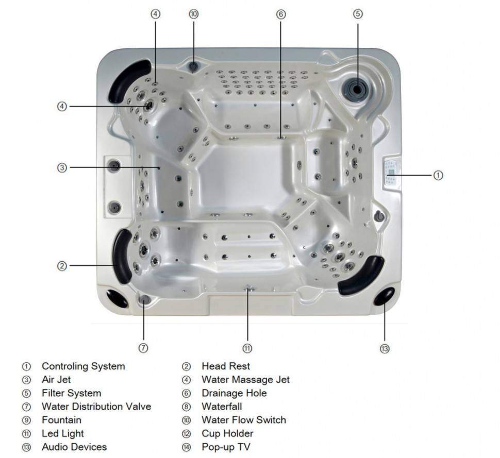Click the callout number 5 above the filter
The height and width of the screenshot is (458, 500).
coord(358,14)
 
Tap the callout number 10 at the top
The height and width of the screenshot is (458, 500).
coord(193,14)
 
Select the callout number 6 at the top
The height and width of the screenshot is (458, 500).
coord(281,14)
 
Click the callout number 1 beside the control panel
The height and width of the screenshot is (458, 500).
coord(437,175)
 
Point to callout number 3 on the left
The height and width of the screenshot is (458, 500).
coord(62,167)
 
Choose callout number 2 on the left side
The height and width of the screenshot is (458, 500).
coord(62,266)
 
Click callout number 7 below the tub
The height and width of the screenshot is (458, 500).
coord(144,348)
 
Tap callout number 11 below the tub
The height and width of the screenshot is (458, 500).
coord(247,349)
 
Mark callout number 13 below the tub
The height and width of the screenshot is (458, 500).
coord(385,349)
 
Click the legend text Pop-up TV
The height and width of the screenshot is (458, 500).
coord(226,447)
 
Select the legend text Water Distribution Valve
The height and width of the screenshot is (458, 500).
coord(96,406)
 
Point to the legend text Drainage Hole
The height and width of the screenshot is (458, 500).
coord(234,393)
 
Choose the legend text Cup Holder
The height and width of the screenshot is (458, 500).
coord(227,433)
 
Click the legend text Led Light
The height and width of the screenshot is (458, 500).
coord(63,433)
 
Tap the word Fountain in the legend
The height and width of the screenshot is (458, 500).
coord(61,420)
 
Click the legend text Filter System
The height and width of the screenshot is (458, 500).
coord(71,393)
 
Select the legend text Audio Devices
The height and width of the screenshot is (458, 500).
coord(74,447)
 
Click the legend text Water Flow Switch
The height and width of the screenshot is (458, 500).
coord(243,420)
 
